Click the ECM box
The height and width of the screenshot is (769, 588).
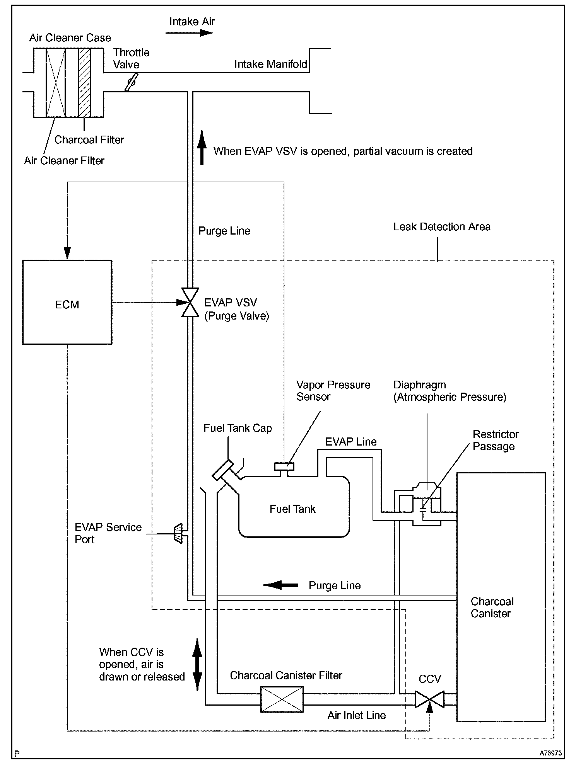click(x=67, y=302)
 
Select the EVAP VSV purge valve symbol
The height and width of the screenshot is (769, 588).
click(x=190, y=303)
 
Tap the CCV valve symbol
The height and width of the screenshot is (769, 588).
click(x=429, y=699)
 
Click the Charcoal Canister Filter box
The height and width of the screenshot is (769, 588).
click(x=282, y=699)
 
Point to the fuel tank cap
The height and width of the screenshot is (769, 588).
click(x=223, y=470)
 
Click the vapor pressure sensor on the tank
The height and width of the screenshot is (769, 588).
click(x=284, y=466)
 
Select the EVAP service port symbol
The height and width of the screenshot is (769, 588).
click(x=178, y=534)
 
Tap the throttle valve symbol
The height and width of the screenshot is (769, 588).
click(x=131, y=82)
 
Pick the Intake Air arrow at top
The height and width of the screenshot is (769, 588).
click(x=189, y=33)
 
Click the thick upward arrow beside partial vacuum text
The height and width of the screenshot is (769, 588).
click(x=202, y=148)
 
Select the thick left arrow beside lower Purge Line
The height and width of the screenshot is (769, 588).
click(x=280, y=585)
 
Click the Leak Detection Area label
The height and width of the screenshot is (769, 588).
click(x=442, y=227)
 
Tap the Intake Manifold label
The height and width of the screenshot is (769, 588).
click(x=271, y=64)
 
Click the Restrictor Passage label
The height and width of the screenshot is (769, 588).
click(x=496, y=440)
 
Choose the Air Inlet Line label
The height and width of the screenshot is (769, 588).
click(x=356, y=715)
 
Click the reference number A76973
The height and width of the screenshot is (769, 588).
click(x=551, y=753)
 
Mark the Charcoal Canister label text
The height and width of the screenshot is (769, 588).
click(x=492, y=607)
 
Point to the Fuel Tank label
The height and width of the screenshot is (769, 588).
click(x=292, y=509)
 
